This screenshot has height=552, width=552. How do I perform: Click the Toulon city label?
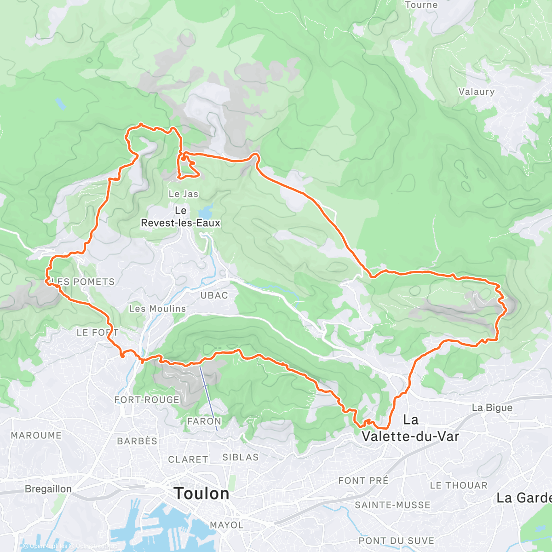pyautogui.click(x=201, y=494)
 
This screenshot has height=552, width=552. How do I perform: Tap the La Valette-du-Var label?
pyautogui.click(x=410, y=428)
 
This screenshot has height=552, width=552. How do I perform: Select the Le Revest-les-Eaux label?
pyautogui.click(x=181, y=217)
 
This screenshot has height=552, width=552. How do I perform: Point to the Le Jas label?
pyautogui.click(x=183, y=194)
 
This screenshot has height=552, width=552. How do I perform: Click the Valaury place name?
pyautogui.click(x=477, y=92)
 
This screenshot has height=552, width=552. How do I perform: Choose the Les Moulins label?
pyautogui.click(x=157, y=309)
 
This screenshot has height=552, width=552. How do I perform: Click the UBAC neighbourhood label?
pyautogui.click(x=214, y=295)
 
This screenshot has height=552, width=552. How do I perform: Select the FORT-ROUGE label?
pyautogui.click(x=147, y=400)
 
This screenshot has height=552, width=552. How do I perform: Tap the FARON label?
pyautogui.click(x=204, y=421)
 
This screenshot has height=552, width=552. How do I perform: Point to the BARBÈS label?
pyautogui.click(x=137, y=441)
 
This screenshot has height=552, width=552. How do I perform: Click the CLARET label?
pyautogui.click(x=188, y=460)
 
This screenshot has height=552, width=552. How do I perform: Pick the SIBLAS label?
pyautogui.click(x=240, y=457)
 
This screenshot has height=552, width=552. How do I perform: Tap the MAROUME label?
pyautogui.click(x=36, y=435)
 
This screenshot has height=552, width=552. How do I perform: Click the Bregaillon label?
pyautogui.click(x=48, y=489)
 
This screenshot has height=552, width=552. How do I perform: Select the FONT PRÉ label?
pyautogui.click(x=363, y=481)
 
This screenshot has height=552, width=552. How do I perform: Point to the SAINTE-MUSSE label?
pyautogui.click(x=392, y=505)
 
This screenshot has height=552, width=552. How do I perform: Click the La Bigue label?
pyautogui.click(x=492, y=408)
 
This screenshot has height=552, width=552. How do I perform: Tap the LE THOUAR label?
pyautogui.click(x=458, y=485)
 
